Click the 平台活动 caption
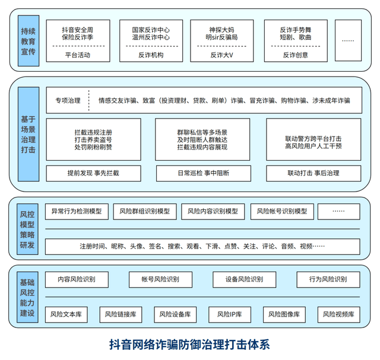tap(77, 55)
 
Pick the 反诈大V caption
tap(220, 55)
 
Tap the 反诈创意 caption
tap(294, 55)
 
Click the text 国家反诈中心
tap(151, 28)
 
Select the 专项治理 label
tap(68, 100)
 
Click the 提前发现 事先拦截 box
tap(93, 173)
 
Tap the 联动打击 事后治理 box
tap(312, 173)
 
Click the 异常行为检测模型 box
tap(77, 211)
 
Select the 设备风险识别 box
tap(244, 279)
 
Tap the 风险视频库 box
tap(338, 314)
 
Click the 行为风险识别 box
tap(328, 279)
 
